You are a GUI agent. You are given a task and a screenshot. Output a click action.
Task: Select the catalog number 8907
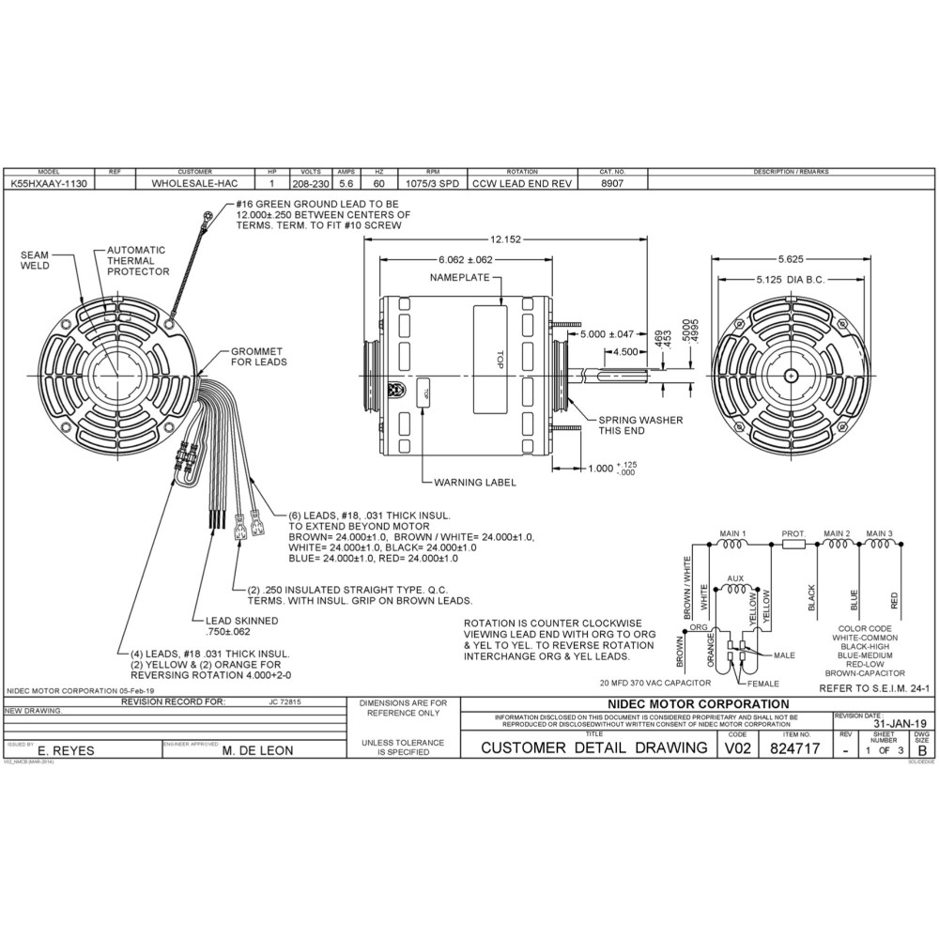(611, 184)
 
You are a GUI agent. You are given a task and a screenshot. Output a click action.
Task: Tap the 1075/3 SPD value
(433, 184)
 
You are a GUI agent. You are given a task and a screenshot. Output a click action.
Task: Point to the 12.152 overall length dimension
(506, 239)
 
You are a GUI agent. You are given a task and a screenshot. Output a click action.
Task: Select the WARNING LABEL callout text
(475, 483)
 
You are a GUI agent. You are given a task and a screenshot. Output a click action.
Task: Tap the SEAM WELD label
(36, 259)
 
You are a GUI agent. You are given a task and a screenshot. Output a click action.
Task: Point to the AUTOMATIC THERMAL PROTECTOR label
(137, 261)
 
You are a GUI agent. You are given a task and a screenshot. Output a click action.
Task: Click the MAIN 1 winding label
(732, 533)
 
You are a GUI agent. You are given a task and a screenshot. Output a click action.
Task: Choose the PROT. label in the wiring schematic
(794, 533)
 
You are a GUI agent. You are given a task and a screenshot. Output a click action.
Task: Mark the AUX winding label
(736, 578)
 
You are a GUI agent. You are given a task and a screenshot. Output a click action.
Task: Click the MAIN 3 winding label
(880, 533)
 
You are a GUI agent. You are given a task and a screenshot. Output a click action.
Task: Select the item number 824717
(794, 748)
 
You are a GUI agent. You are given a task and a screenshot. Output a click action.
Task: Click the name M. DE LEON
(257, 750)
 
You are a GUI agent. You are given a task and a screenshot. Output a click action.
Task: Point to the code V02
(738, 748)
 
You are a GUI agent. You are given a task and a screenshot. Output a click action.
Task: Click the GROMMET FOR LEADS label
(259, 356)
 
